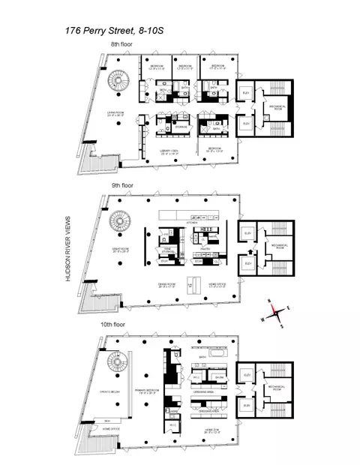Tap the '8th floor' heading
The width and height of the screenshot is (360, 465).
pyautogui.click(x=123, y=46)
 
